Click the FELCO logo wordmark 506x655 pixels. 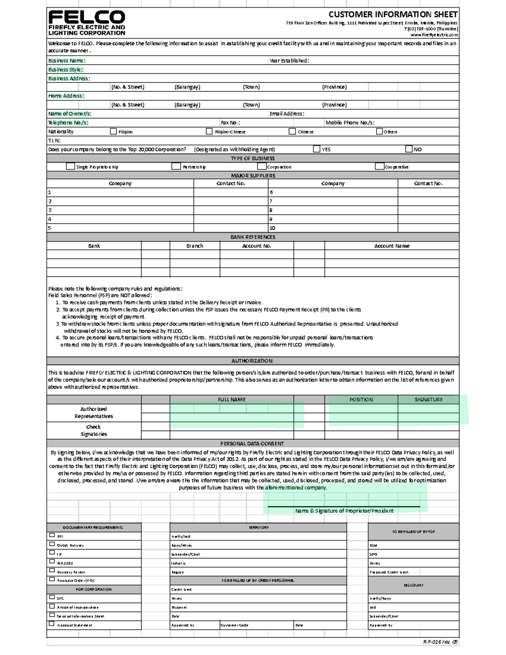86,17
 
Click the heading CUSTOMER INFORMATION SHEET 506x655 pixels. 393,14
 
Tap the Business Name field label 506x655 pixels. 67,61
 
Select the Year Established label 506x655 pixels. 289,61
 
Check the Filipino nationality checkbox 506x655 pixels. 113,132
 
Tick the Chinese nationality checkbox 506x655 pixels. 292,132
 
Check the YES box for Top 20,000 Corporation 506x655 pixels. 317,149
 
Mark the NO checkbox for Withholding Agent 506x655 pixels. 409,149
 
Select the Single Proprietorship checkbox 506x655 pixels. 70,167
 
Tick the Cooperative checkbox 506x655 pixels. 379,167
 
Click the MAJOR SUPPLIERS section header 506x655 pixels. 253,175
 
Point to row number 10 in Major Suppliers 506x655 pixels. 272,228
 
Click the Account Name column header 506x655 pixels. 392,246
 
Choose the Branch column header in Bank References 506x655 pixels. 194,246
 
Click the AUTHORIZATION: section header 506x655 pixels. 253,361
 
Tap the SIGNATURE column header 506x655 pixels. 428,400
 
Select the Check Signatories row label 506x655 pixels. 94,431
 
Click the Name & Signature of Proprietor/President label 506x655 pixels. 344,511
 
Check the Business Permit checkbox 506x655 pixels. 52,571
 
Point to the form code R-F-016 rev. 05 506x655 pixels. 440,642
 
